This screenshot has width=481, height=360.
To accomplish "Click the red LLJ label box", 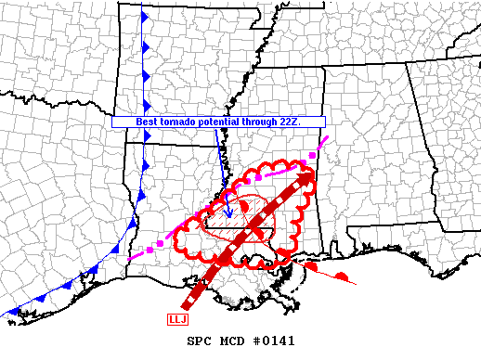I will click(x=176, y=320).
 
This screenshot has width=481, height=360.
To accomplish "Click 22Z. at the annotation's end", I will click(x=313, y=122).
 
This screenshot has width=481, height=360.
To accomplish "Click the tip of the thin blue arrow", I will click(x=228, y=191).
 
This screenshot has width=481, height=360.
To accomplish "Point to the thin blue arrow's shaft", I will click(x=220, y=153).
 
